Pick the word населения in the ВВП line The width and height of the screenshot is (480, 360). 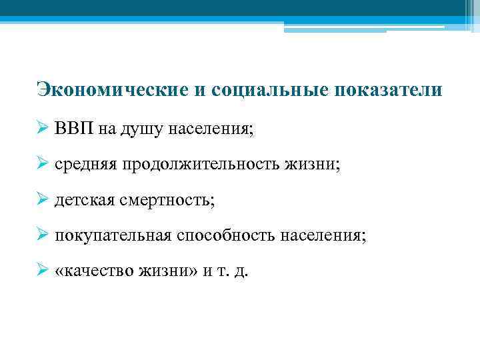pos(208,129)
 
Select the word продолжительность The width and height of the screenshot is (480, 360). pos(205,165)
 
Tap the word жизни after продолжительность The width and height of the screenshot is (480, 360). pos(317,165)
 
